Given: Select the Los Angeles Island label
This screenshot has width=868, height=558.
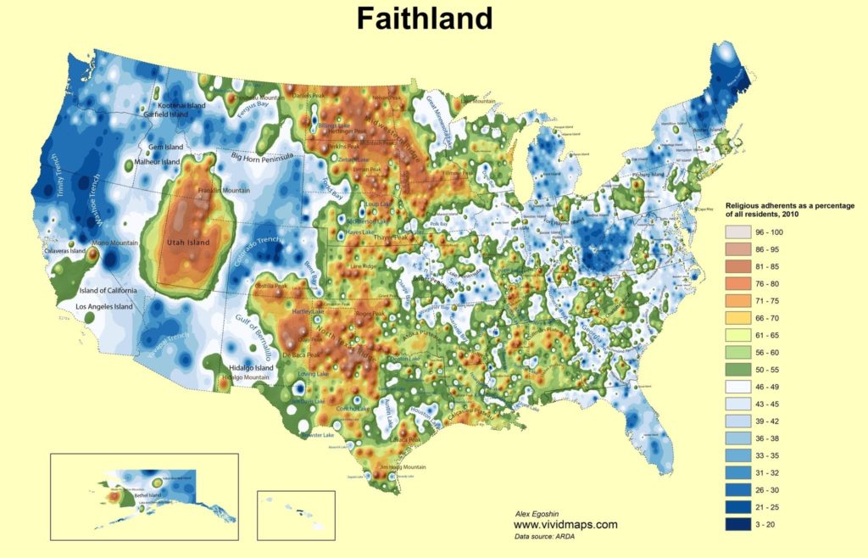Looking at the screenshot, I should (x=103, y=306).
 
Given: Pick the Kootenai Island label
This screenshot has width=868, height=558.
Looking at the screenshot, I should (x=175, y=105).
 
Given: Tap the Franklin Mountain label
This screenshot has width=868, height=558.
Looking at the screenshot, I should (x=224, y=191).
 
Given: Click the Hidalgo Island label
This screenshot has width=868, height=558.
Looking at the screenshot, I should (x=252, y=368).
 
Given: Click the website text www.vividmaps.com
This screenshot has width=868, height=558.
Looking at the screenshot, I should (x=565, y=524).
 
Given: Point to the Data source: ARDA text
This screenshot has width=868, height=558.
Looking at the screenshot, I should (x=546, y=535).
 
